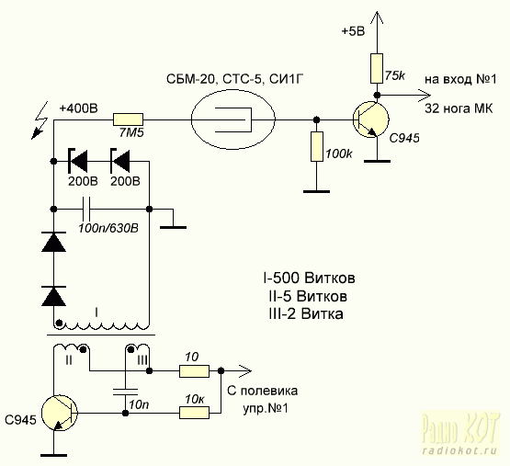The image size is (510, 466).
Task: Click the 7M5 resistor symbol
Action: (128, 119)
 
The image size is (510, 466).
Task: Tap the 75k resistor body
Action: (377, 68)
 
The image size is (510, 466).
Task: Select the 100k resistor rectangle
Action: (316, 146)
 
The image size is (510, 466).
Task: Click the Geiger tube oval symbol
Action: (233, 119)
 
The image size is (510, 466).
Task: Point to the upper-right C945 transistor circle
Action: (371, 119)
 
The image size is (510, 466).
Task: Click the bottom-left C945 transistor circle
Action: (60, 414)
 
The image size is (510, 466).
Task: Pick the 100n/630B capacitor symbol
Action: (85, 209)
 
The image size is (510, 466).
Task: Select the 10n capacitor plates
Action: (125, 392)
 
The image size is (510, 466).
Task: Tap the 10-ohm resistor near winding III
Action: (194, 371)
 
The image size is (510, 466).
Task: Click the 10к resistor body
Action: (194, 413)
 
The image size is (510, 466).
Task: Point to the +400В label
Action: (78, 108)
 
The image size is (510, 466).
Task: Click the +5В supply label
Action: (353, 31)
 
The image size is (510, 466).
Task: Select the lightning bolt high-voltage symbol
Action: (40, 120)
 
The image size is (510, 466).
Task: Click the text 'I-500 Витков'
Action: (309, 278)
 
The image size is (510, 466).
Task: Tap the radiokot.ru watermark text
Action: (459, 451)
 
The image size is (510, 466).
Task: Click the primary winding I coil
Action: (101, 324)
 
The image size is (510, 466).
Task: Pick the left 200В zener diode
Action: (77, 161)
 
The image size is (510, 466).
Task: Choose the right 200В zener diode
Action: (119, 161)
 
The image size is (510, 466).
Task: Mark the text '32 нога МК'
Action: (459, 108)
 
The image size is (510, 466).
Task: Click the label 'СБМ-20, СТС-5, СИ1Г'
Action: (235, 79)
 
